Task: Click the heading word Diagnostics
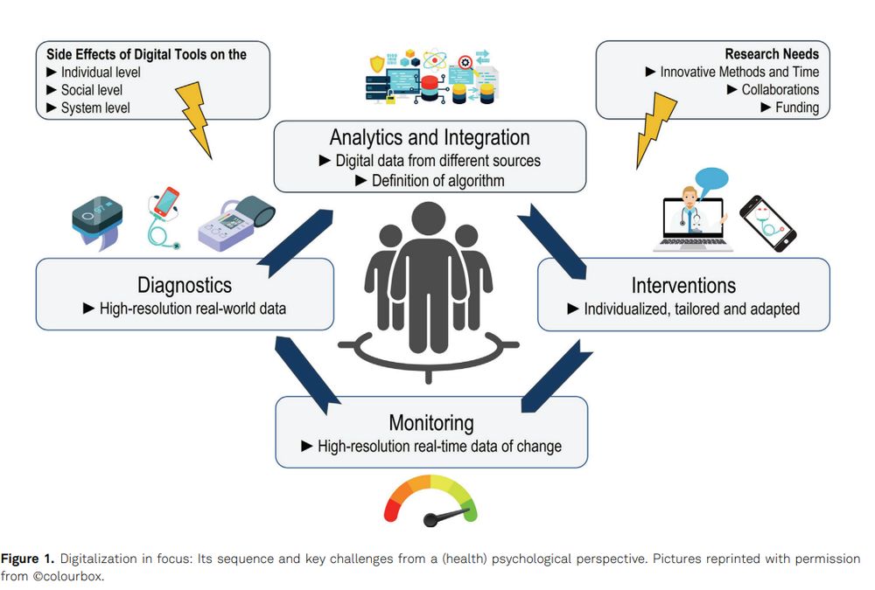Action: click(185, 285)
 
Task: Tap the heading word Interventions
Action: click(683, 286)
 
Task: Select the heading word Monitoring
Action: click(431, 423)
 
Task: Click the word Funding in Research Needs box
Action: click(797, 108)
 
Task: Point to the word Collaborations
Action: click(780, 90)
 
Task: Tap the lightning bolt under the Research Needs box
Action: click(655, 129)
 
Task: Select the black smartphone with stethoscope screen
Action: click(768, 224)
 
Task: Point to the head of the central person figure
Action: click(429, 219)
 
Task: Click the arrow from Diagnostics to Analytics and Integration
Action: click(297, 243)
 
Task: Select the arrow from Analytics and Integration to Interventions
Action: click(552, 241)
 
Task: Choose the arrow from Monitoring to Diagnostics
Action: click(307, 375)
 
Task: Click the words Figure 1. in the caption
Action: click(27, 559)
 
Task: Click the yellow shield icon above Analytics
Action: click(377, 64)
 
